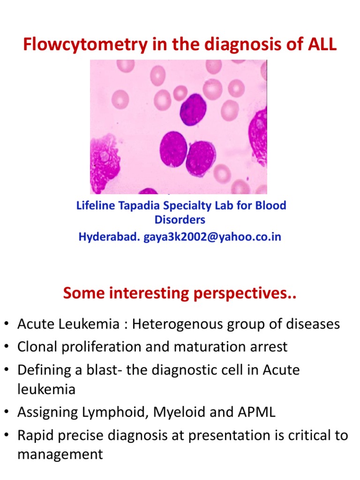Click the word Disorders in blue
tap(180, 219)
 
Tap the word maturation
tap(217, 347)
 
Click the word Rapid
tap(37, 435)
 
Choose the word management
tap(60, 454)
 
